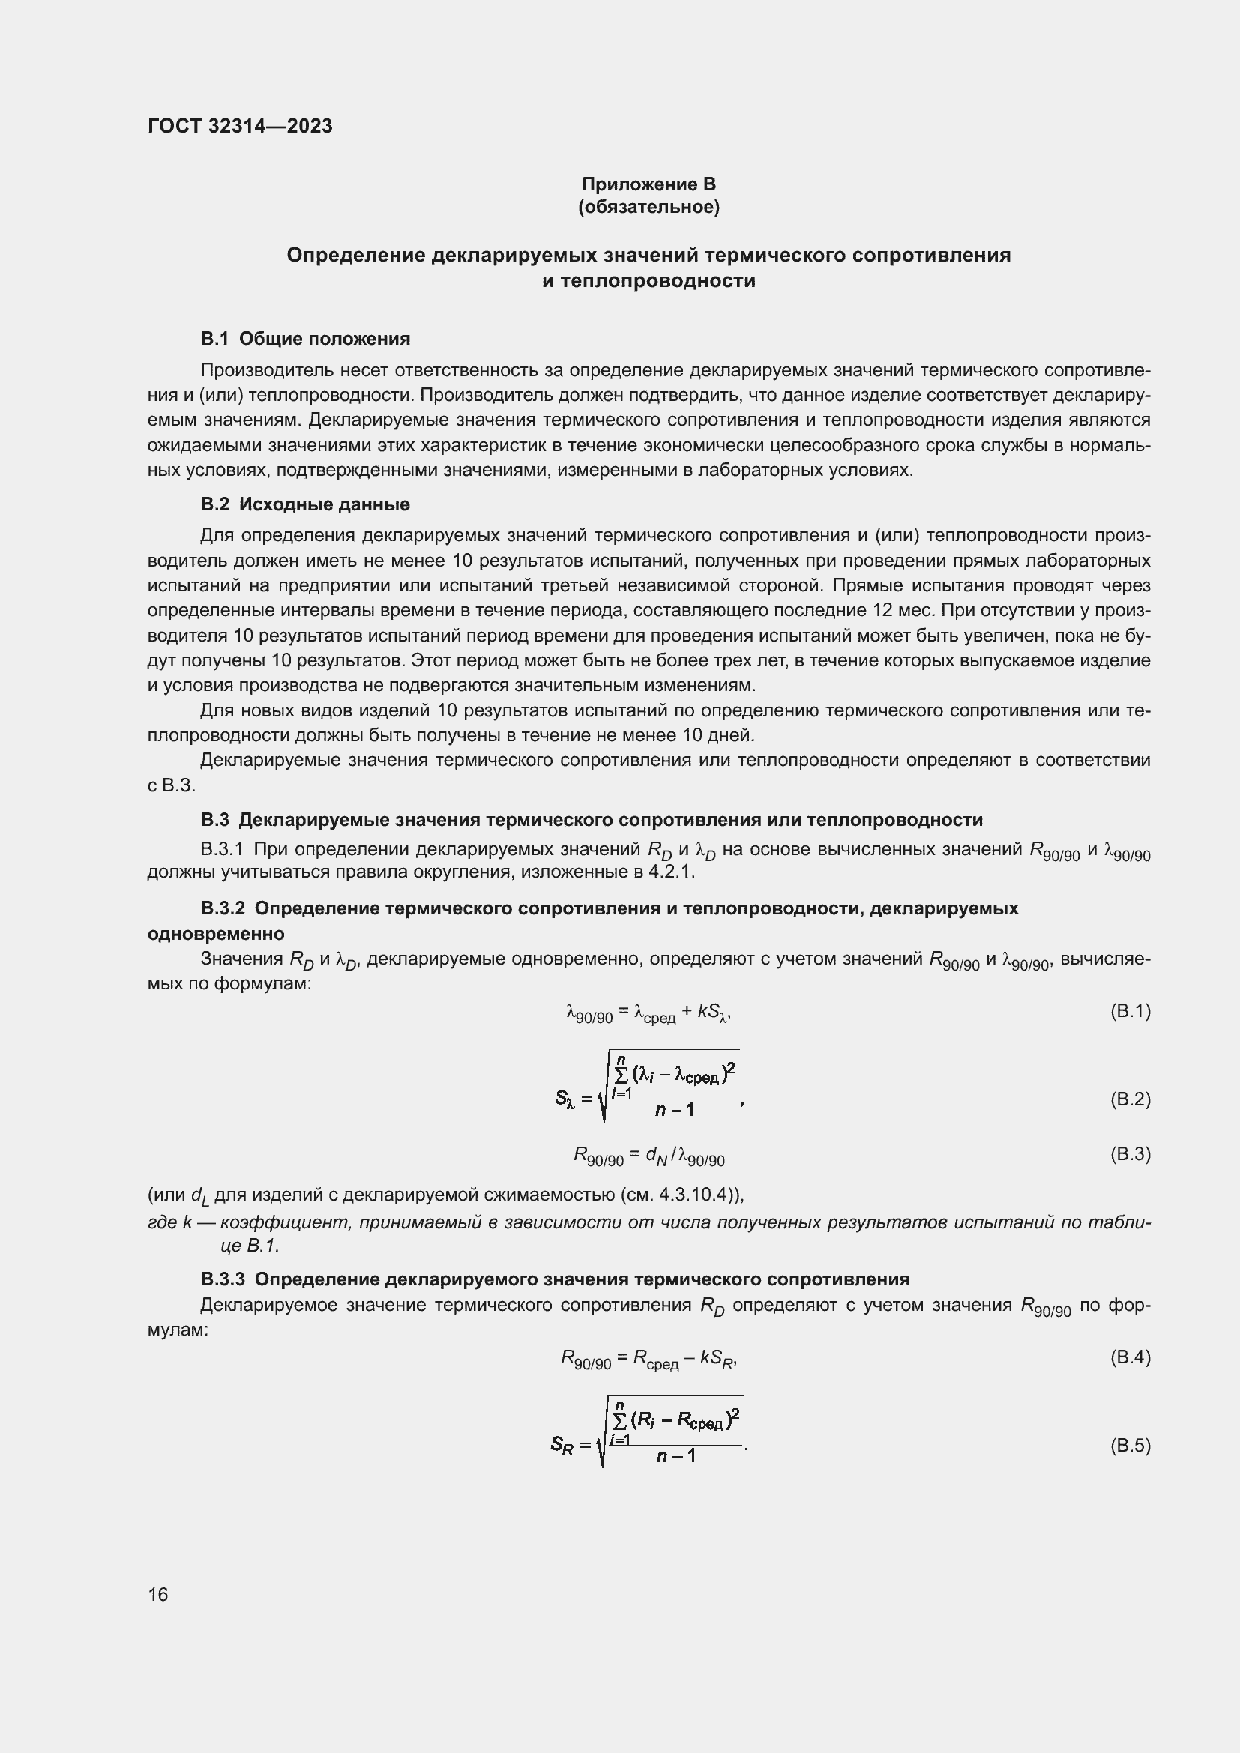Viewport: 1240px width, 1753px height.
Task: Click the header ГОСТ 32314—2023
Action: click(240, 126)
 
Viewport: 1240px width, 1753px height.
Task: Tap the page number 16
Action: click(158, 1594)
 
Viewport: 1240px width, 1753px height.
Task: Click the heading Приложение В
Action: click(648, 184)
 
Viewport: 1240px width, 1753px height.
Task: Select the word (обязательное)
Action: click(648, 207)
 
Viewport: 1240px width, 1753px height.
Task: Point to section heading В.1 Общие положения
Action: click(304, 338)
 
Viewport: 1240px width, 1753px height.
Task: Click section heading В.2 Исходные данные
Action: click(304, 504)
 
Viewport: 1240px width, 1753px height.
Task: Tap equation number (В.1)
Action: click(1129, 1011)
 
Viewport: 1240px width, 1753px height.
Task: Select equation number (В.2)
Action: click(1129, 1099)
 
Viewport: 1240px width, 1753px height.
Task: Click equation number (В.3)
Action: click(1129, 1153)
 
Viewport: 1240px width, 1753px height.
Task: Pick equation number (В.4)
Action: click(1129, 1357)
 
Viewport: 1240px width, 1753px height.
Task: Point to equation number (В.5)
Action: click(1129, 1445)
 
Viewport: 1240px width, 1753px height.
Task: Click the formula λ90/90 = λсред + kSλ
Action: click(649, 1013)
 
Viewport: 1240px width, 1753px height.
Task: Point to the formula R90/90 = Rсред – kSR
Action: click(649, 1359)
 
